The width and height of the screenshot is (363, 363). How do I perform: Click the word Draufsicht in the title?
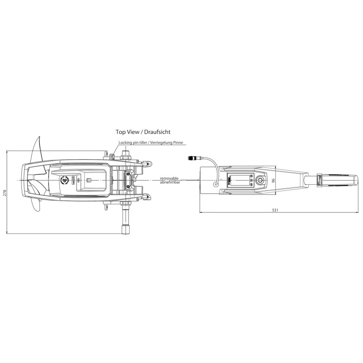157,132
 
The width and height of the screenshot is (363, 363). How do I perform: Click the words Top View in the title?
128,132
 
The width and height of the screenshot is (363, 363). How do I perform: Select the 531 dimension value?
275,210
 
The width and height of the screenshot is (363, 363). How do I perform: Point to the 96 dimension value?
273,180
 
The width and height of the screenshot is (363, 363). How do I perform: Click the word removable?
169,178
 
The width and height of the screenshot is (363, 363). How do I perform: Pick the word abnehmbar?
170,182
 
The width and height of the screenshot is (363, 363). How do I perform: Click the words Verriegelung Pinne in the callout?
167,142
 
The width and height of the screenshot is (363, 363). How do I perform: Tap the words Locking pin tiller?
132,142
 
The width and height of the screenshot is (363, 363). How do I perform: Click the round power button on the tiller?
260,180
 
